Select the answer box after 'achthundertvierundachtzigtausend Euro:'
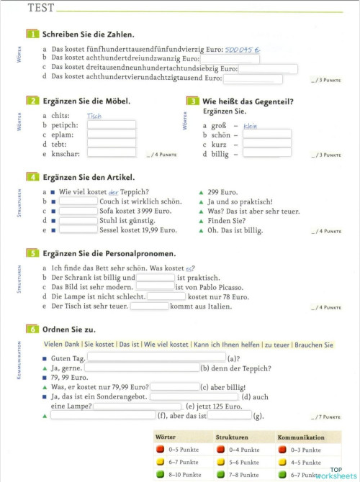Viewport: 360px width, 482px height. pos(253,79)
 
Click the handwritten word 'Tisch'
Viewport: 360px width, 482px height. pos(94,115)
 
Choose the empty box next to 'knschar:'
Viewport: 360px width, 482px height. pos(112,153)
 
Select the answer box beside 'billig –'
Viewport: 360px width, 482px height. pos(266,153)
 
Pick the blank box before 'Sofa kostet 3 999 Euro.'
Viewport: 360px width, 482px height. pos(78,212)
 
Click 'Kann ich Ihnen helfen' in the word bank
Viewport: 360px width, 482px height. pos(227,345)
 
